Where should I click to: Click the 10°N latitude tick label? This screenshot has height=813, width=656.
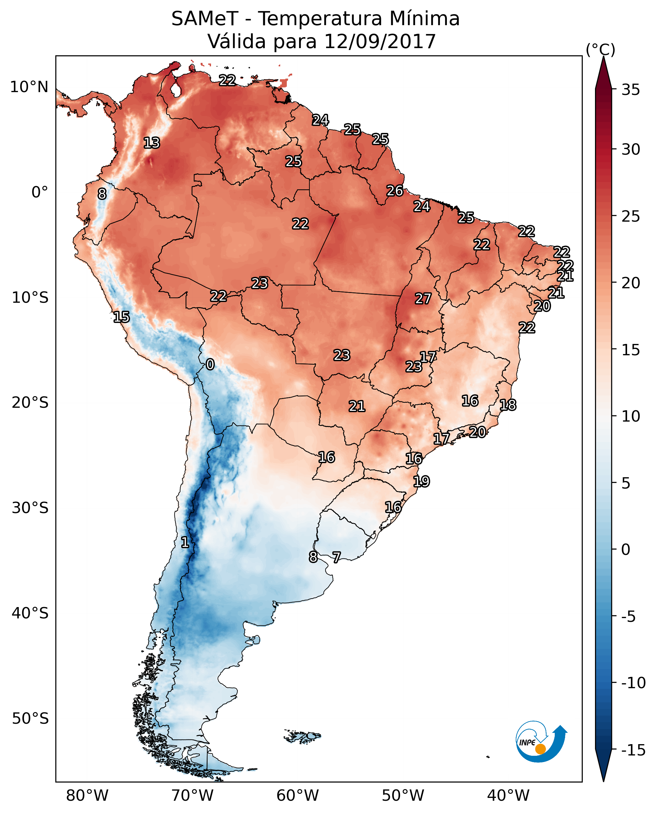tap(29, 87)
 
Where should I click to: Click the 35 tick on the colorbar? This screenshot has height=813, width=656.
tap(631, 90)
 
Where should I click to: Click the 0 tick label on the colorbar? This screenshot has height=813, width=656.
tap(626, 550)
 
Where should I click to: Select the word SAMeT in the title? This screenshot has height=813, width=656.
tap(205, 19)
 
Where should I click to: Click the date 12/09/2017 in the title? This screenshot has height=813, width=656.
tap(380, 41)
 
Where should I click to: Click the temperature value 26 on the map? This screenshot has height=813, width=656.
tap(395, 191)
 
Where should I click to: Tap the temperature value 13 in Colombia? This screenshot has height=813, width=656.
tap(152, 143)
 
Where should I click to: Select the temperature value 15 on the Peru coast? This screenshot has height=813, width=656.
tap(121, 317)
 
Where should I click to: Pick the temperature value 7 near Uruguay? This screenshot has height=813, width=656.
tap(336, 557)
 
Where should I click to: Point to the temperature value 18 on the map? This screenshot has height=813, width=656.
tap(508, 405)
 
